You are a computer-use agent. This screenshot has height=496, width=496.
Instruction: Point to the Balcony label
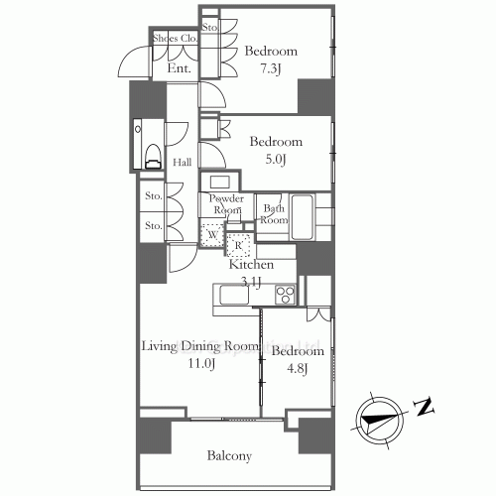click(229, 456)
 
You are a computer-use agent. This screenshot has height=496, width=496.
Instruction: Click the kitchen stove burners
click(284, 294)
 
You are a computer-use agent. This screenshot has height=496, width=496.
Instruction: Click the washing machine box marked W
click(212, 235)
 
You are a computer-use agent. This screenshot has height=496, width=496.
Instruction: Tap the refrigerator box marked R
click(239, 244)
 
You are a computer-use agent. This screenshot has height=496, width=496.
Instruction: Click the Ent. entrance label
click(180, 68)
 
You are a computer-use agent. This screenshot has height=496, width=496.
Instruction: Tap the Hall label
click(183, 163)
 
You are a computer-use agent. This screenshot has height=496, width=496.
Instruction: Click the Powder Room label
click(225, 204)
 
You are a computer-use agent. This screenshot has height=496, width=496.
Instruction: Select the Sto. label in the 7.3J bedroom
click(210, 27)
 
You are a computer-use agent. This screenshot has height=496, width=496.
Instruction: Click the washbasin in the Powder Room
click(220, 183)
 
